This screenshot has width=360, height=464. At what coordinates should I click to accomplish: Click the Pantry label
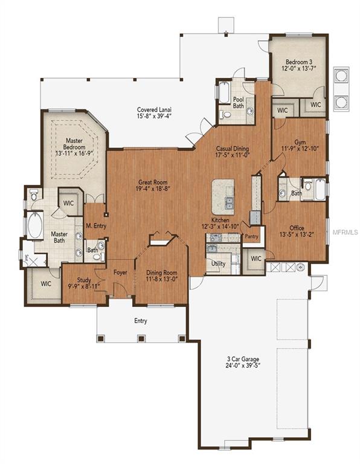251,237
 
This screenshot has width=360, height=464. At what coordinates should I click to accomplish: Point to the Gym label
300,142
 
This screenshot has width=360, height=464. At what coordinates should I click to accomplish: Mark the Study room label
84,280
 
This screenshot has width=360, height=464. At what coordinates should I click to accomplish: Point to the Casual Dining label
233,149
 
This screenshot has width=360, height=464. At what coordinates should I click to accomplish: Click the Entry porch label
140,321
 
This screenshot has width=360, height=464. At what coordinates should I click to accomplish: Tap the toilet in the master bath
34,195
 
